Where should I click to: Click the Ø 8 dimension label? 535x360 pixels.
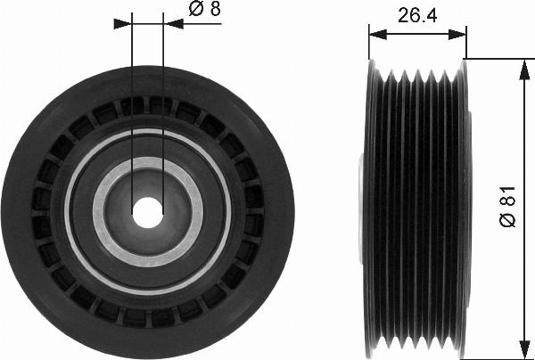click(205, 9)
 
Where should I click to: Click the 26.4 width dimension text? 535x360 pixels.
click(417, 15)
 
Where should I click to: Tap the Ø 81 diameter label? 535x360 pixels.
click(507, 207)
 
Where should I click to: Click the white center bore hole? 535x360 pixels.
click(147, 213)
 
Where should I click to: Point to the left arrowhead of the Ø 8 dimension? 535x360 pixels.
click(122, 23)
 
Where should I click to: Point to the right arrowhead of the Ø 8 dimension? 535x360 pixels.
click(173, 24)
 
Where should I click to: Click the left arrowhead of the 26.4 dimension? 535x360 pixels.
click(378, 34)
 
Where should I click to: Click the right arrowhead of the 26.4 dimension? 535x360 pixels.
click(457, 34)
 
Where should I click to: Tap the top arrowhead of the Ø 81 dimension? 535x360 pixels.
click(524, 70)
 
